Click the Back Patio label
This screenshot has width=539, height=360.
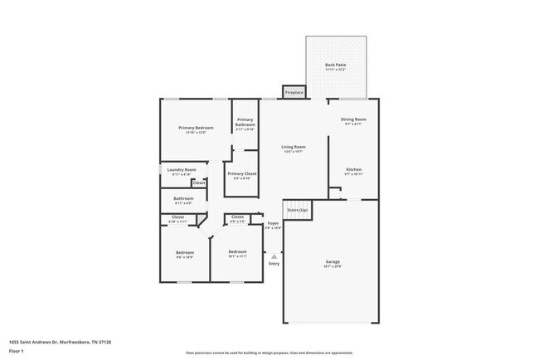click(x=335, y=64)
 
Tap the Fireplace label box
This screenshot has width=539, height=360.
click(x=294, y=92)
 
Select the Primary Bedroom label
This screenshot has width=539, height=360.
click(x=196, y=127)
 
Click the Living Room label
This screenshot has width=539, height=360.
click(x=294, y=147)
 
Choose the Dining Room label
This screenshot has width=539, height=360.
click(x=353, y=119)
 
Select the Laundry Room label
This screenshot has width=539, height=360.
click(x=184, y=170)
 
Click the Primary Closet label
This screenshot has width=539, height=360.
click(x=242, y=173)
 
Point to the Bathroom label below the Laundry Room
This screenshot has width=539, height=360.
click(x=183, y=198)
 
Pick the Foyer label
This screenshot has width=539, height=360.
click(x=273, y=223)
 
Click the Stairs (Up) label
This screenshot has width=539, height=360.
click(x=297, y=211)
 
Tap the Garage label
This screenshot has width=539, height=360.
click(x=332, y=262)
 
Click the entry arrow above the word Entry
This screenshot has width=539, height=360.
click(x=274, y=257)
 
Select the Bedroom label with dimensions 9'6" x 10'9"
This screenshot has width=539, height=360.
click(x=184, y=252)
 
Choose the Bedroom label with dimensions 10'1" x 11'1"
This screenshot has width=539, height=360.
click(x=237, y=251)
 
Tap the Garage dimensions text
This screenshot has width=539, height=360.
click(x=332, y=267)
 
